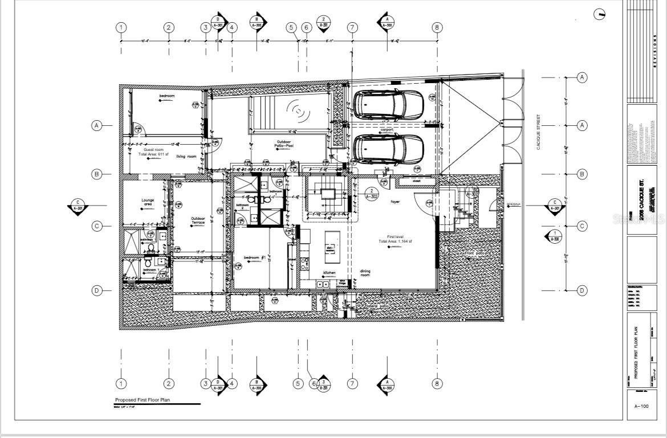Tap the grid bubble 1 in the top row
coord(121,27)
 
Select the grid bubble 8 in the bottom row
coord(437,384)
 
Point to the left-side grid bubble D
coord(97,291)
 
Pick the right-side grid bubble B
coord(582,174)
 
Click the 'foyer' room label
coord(395,202)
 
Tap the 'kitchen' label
coord(330,273)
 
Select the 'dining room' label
coord(365,273)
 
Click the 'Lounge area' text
coord(148,202)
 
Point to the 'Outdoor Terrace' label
coord(198,220)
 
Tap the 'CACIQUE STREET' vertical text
coord(538,132)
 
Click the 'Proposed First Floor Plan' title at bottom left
coord(143,400)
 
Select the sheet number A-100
coord(642,406)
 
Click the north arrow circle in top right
coord(600,15)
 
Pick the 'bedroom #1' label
coord(252,258)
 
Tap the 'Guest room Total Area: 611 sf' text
coord(153,152)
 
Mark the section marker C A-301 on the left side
coord(78,206)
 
